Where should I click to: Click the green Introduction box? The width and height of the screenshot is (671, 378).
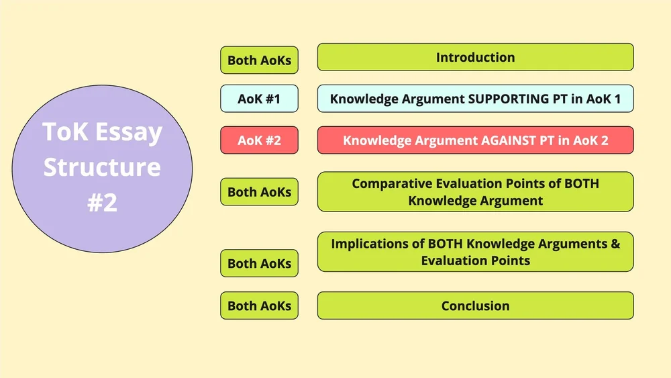(x=475, y=58)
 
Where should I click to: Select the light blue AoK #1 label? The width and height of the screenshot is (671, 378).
(x=259, y=99)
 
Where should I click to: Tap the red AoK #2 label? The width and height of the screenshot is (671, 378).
(x=259, y=141)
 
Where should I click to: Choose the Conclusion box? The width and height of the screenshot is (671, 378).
(x=475, y=306)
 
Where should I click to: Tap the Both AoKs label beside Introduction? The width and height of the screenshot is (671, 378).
(x=259, y=60)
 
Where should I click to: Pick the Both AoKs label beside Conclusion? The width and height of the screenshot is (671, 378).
(x=259, y=306)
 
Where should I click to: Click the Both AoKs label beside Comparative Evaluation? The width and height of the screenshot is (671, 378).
(x=259, y=192)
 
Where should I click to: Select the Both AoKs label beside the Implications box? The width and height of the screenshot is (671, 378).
(x=259, y=264)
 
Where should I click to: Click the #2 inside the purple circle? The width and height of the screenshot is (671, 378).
(x=102, y=201)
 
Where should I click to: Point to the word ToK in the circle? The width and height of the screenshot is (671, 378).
(x=65, y=132)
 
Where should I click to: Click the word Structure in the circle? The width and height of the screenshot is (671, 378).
(x=102, y=167)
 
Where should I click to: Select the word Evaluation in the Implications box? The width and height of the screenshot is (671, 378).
(x=450, y=261)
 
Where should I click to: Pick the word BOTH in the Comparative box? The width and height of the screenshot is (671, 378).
(x=581, y=183)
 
